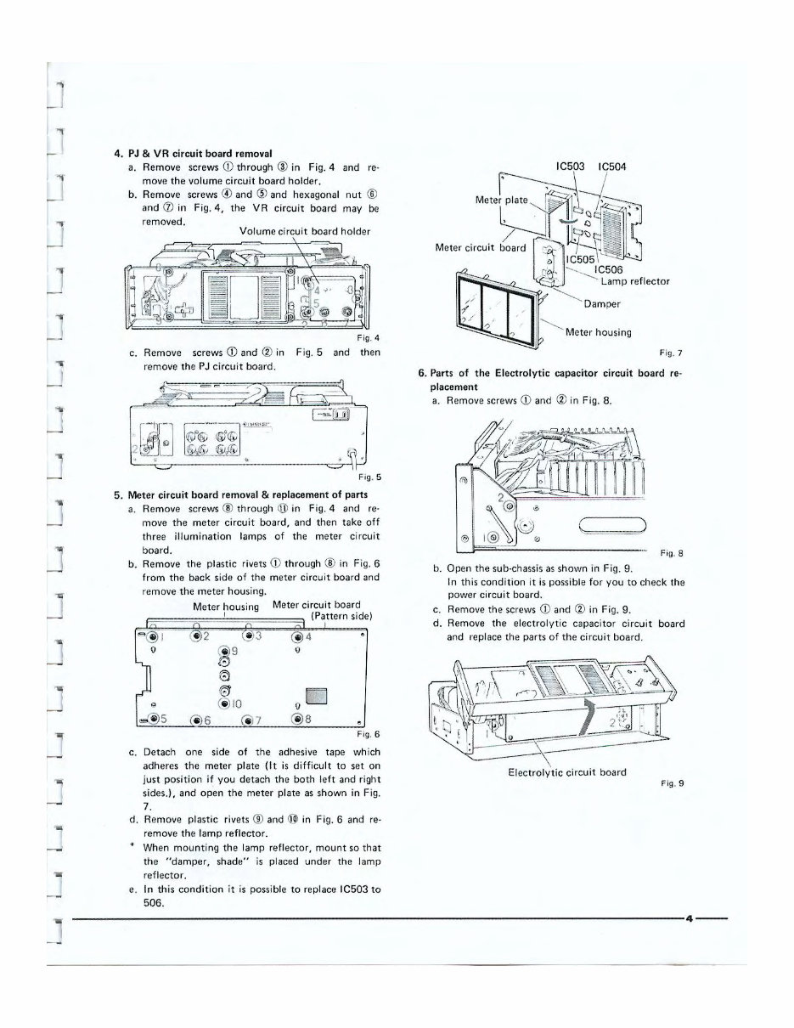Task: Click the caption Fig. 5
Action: [368, 477]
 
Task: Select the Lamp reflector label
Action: [635, 281]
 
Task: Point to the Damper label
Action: [603, 303]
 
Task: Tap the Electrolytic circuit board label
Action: [566, 771]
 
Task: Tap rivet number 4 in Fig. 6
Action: [296, 636]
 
